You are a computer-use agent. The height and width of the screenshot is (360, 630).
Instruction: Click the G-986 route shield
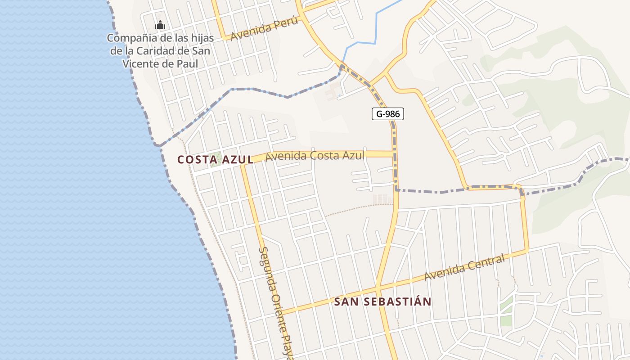pos(388,114)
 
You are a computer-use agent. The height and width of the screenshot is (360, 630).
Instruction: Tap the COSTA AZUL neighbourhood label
pos(215,160)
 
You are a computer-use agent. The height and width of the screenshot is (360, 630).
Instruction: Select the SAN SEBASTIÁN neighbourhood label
pos(382,301)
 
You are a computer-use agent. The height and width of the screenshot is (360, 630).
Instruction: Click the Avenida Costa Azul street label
pos(315,156)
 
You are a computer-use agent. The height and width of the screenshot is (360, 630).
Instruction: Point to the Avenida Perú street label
pos(264,31)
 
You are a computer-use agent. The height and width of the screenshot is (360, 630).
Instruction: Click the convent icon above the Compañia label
pos(160,26)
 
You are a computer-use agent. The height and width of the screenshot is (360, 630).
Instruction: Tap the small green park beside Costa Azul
pos(216,159)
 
